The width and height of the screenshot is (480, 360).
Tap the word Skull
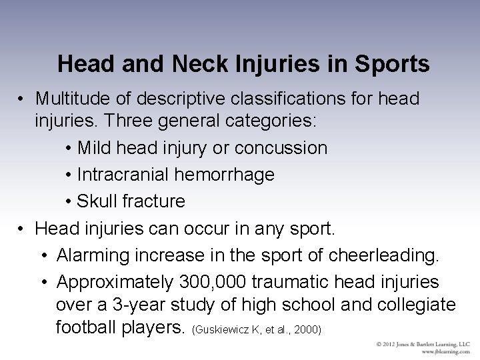coord(97,201)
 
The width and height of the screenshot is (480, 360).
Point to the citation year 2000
coord(309,330)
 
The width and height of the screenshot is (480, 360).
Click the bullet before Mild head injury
coord(70,148)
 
